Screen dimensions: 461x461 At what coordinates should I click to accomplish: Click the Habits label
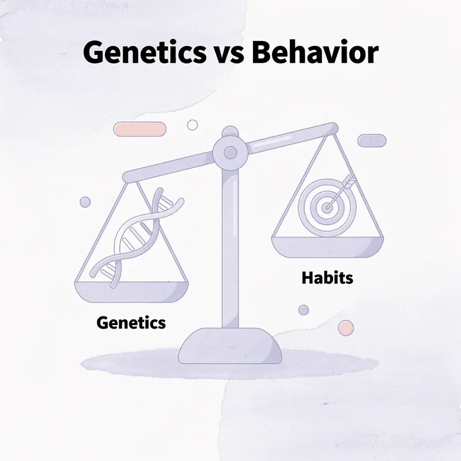click(327, 278)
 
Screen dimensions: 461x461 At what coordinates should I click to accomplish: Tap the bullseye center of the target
click(327, 206)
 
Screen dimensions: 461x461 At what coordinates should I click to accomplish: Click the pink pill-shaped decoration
click(140, 129)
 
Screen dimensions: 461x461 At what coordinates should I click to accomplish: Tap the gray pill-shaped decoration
click(372, 141)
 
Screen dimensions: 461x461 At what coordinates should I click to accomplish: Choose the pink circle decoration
click(346, 328)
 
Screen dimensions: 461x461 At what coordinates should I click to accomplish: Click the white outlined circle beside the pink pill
click(192, 125)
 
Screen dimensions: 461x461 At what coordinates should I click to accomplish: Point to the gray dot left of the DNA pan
click(85, 202)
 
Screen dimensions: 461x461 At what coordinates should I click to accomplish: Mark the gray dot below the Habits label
click(304, 310)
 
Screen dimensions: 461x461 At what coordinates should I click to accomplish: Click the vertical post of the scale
click(230, 248)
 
